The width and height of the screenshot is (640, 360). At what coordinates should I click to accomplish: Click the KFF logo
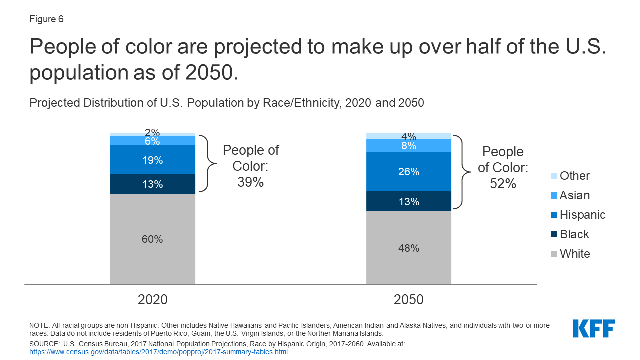click(x=594, y=329)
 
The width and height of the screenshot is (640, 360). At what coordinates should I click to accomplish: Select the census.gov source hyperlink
click(x=159, y=352)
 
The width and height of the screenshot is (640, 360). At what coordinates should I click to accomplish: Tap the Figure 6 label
click(x=46, y=19)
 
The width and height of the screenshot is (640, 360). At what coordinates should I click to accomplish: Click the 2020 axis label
click(x=152, y=300)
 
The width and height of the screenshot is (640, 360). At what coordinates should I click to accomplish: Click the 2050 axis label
click(x=408, y=300)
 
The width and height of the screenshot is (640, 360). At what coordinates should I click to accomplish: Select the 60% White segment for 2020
click(x=152, y=239)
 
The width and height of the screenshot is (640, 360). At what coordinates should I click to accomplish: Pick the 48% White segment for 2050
click(x=408, y=248)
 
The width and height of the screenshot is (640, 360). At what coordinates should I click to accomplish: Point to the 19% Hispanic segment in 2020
click(x=152, y=160)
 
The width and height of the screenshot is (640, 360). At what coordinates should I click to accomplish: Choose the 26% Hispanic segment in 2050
click(x=408, y=172)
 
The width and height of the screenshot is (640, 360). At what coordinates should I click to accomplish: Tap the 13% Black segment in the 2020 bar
click(x=152, y=184)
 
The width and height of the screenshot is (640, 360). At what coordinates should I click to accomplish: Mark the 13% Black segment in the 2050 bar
click(x=408, y=201)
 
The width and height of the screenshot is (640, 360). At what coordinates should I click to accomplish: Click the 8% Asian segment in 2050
click(x=408, y=146)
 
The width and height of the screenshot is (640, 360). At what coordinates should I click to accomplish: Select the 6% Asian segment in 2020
click(x=152, y=141)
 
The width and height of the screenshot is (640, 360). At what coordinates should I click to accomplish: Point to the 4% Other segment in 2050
click(x=408, y=136)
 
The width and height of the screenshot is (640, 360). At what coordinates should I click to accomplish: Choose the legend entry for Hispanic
click(x=577, y=215)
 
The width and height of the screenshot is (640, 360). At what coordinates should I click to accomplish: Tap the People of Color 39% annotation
click(x=250, y=166)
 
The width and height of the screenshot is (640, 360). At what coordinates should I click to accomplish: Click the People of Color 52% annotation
click(x=503, y=168)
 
